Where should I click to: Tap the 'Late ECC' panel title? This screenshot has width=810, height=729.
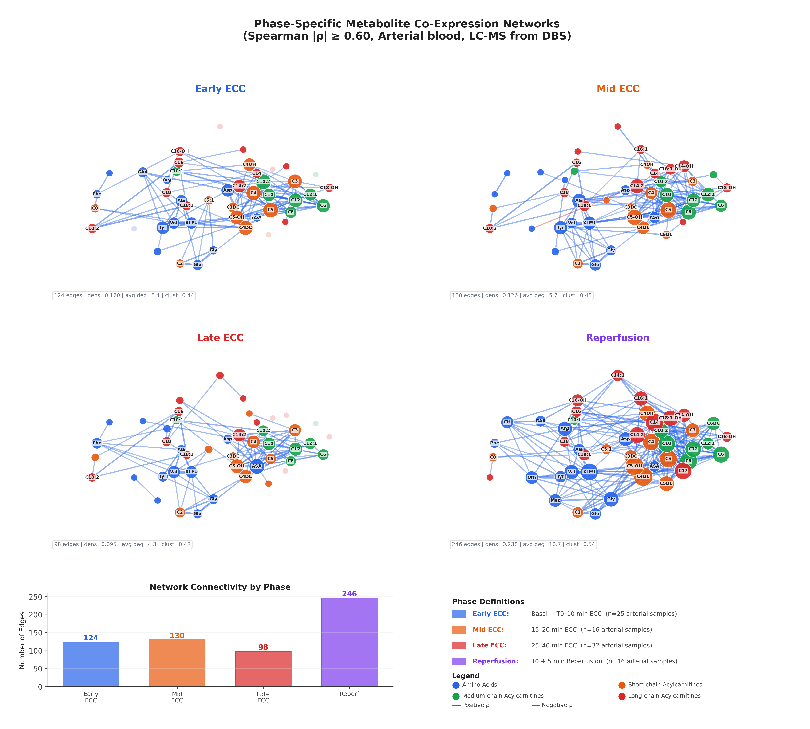coord(220,338)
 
